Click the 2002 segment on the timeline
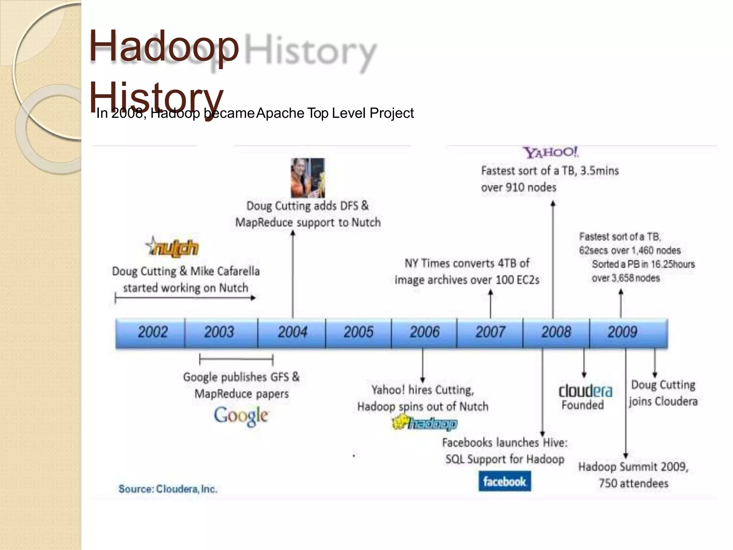click(152, 332)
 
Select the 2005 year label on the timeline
click(358, 332)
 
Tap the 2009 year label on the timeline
click(622, 332)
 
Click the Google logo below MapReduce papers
click(241, 416)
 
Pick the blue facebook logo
click(504, 482)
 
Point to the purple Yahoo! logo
click(550, 153)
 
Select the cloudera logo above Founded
click(585, 391)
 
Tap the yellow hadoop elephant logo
click(424, 423)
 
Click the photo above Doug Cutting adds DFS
click(308, 178)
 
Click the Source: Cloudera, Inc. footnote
click(168, 489)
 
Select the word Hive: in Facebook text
click(555, 443)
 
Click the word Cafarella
click(238, 271)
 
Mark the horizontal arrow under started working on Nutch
click(185, 298)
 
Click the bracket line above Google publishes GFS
click(236, 359)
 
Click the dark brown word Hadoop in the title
click(164, 47)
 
